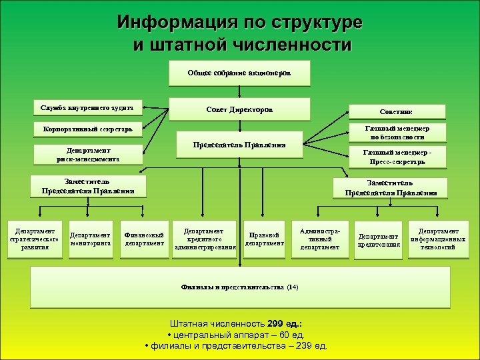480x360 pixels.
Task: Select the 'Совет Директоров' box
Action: click(239, 109)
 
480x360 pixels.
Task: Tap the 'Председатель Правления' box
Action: click(239, 145)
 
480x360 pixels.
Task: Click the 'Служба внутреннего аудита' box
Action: click(87, 107)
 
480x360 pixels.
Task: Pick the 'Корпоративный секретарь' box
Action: click(87, 127)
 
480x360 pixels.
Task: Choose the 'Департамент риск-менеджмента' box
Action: click(88, 155)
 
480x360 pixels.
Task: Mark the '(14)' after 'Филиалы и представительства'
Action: click(292, 287)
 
